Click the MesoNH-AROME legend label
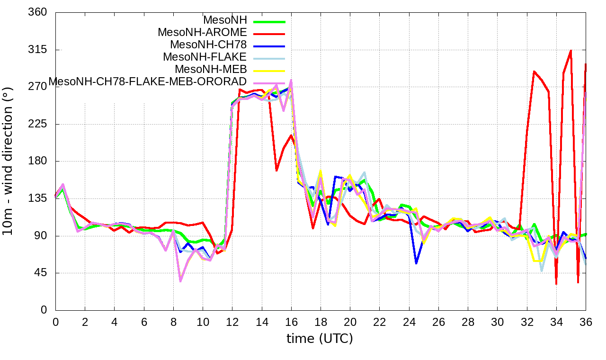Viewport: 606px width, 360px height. [x=202, y=33]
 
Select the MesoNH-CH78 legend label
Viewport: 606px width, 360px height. [x=208, y=45]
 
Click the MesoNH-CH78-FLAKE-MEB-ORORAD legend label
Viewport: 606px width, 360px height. [x=148, y=81]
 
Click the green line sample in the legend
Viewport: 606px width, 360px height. [x=269, y=21]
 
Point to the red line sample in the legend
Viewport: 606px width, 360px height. [x=269, y=34]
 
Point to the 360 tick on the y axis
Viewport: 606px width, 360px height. [x=38, y=12]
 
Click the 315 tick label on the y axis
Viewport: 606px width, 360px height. [x=38, y=50]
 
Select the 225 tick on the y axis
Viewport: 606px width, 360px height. [x=38, y=124]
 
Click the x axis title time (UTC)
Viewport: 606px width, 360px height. [x=320, y=339]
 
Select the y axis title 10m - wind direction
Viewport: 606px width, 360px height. [x=8, y=161]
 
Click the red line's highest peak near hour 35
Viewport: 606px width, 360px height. [x=571, y=50]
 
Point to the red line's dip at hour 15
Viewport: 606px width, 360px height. [x=276, y=170]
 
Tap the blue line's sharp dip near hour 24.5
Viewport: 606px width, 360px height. [x=416, y=263]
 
